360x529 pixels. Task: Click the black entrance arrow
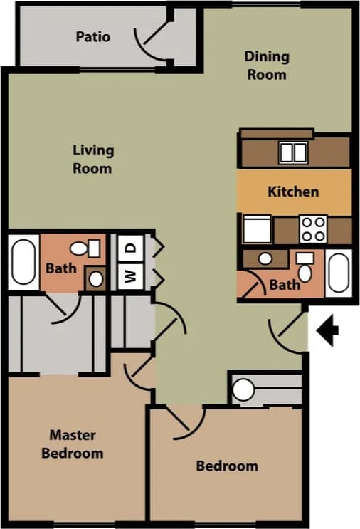[329, 330]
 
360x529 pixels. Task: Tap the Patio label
[93, 36]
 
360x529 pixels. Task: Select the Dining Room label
[267, 65]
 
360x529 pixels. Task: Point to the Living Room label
[92, 159]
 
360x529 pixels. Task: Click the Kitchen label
[293, 191]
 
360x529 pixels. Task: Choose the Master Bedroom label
[72, 444]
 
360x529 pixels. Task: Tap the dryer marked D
[131, 248]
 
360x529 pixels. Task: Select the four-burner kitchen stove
[312, 229]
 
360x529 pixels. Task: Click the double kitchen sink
[292, 152]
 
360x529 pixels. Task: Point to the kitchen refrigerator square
[257, 229]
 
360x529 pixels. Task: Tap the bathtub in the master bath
[23, 262]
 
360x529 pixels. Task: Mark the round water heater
[243, 389]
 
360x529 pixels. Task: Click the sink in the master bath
[95, 278]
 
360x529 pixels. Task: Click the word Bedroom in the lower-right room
[227, 466]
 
